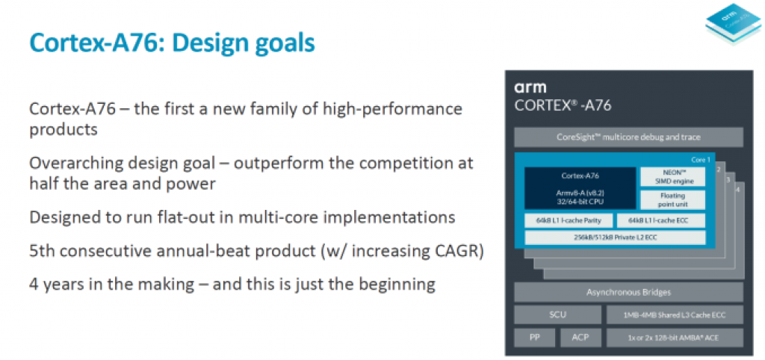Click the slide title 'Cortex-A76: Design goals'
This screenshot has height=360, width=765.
[171, 43]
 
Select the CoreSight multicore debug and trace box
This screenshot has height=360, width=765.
[628, 137]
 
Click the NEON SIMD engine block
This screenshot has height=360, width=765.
[672, 176]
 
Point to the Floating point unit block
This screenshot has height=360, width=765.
[672, 199]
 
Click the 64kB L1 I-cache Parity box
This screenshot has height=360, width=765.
[569, 220]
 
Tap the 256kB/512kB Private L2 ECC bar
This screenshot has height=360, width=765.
[615, 238]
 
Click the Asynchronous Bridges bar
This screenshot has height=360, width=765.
[628, 292]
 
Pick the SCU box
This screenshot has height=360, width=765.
[557, 315]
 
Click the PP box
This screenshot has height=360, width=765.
[535, 338]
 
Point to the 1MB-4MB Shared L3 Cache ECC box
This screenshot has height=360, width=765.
[675, 315]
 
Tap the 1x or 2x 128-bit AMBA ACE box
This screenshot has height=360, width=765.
[675, 338]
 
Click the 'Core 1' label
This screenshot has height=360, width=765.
[700, 160]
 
